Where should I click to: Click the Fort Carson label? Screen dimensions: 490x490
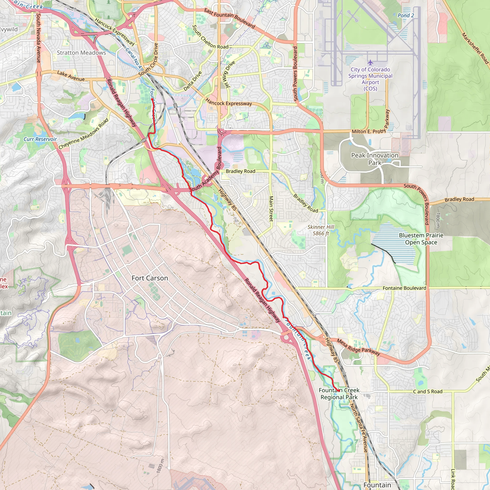(x=150, y=278)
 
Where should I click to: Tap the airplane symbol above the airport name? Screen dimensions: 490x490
(x=370, y=62)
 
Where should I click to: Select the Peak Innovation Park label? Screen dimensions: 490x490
(x=375, y=159)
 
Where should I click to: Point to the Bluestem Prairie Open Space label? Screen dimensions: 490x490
(x=421, y=239)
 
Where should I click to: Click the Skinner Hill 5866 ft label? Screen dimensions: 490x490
(x=321, y=230)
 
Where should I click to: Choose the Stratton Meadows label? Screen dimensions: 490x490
(x=81, y=53)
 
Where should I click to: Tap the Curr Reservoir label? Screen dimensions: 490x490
(x=40, y=139)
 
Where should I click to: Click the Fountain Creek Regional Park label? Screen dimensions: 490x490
(x=339, y=394)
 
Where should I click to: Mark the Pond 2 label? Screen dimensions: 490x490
(x=406, y=16)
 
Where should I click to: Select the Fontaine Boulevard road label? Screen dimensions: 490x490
(x=404, y=288)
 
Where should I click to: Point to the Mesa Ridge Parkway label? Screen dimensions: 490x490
(x=358, y=347)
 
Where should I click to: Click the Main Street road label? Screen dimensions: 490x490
(x=271, y=208)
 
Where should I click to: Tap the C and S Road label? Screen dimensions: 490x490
(x=428, y=392)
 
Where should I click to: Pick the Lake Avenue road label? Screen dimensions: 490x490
(x=71, y=76)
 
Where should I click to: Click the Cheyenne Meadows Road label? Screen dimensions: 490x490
(x=84, y=134)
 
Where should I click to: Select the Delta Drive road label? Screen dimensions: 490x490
(x=193, y=81)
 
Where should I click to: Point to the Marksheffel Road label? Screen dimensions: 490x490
(x=475, y=48)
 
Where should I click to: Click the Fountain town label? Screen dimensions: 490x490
(x=377, y=485)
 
